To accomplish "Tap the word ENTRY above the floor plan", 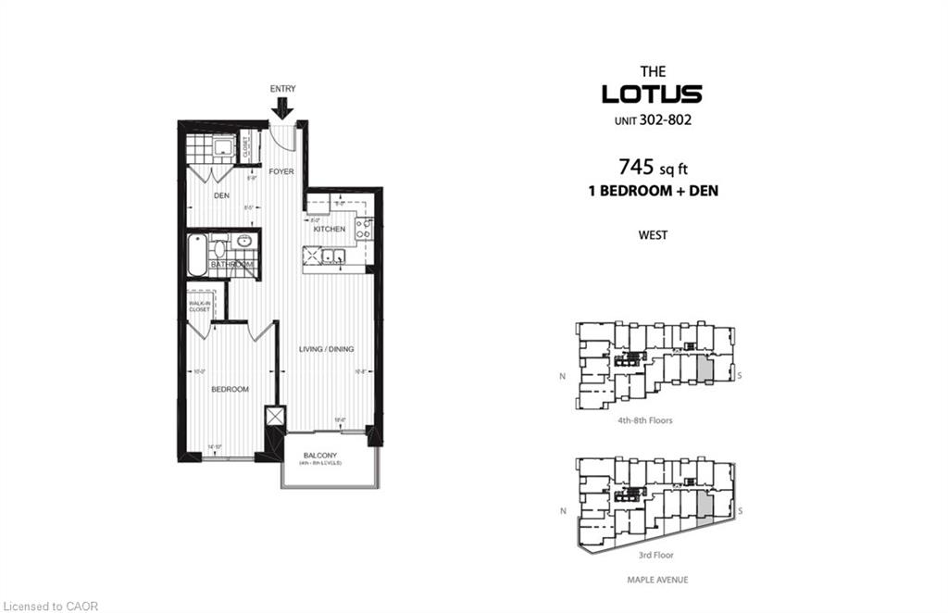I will tap(282, 88).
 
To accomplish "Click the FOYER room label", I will tap(281, 171).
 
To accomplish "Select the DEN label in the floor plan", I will tap(221, 195).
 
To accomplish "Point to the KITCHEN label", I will tap(329, 229).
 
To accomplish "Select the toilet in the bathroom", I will tap(219, 248).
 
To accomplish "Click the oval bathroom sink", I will tap(243, 242).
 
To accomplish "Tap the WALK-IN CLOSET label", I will tap(200, 306).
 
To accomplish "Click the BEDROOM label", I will tap(230, 389).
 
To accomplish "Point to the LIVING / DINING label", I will tap(326, 349).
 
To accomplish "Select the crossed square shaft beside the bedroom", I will tap(274, 418).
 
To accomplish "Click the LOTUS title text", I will tap(652, 94).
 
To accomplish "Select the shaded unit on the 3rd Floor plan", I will tap(705, 506).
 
